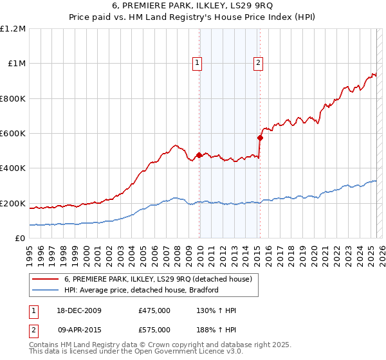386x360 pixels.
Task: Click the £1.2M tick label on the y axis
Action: [x=13, y=29]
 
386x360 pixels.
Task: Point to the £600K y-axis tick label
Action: [x=13, y=134]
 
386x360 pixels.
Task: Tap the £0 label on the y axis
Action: [x=20, y=239]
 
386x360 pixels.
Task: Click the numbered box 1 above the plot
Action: [x=196, y=62]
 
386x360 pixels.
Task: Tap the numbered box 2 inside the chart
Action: [x=257, y=62]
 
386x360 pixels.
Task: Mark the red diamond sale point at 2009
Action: [x=199, y=155]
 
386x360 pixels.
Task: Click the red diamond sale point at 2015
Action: [x=260, y=138]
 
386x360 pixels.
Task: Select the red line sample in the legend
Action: [x=46, y=279]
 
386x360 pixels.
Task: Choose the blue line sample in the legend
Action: [x=46, y=290]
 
